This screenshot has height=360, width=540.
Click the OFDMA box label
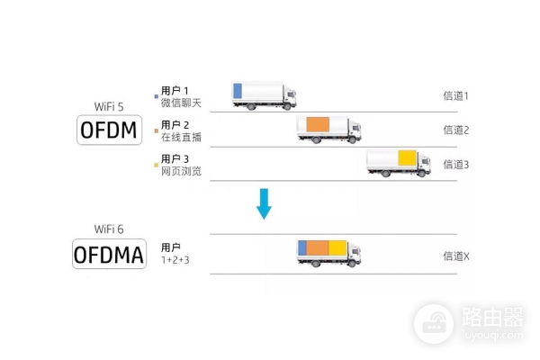[x=108, y=255]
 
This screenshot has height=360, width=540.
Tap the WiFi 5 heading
[x=109, y=106]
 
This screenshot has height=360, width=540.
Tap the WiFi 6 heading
[x=109, y=229]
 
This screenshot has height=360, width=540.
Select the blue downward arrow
[x=264, y=203]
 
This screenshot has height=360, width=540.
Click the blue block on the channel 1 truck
[x=238, y=90]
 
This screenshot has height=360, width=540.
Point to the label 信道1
[x=456, y=95]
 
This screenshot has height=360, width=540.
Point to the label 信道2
[x=456, y=130]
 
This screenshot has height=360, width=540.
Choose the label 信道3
[x=456, y=164]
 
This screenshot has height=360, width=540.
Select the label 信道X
[x=456, y=256]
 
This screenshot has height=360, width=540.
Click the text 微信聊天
[x=181, y=103]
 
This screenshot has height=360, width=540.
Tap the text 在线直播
[x=181, y=138]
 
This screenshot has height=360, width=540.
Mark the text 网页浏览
[x=181, y=171]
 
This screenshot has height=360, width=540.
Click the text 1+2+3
[x=175, y=259]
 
